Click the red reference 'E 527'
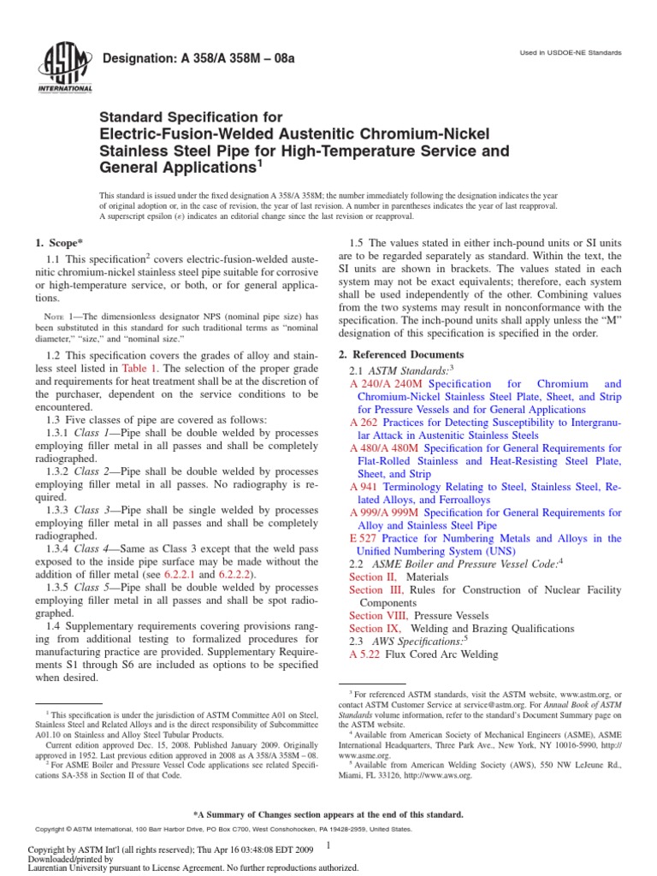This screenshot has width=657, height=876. pos(364,538)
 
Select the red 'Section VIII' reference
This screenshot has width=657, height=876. pos(379,615)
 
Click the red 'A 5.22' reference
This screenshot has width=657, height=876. pos(366,654)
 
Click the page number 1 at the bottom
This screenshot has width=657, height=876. pos(328,845)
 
